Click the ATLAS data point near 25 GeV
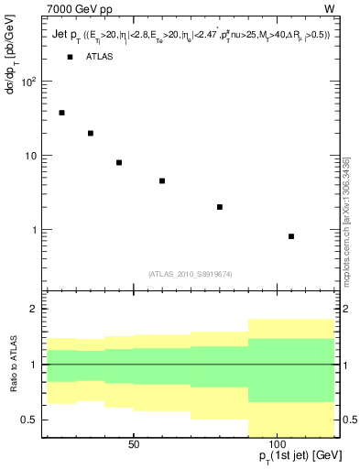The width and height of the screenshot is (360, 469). (61, 113)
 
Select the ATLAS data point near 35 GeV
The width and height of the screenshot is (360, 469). (91, 133)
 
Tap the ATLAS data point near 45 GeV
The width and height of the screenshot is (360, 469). (119, 162)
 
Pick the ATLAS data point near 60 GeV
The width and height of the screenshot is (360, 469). (162, 180)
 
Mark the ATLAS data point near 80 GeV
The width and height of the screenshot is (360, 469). (220, 207)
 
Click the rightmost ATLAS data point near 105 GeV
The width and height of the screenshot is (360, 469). (291, 236)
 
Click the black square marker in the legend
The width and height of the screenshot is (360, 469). (71, 57)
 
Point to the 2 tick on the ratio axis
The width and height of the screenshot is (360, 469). (31, 310)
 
